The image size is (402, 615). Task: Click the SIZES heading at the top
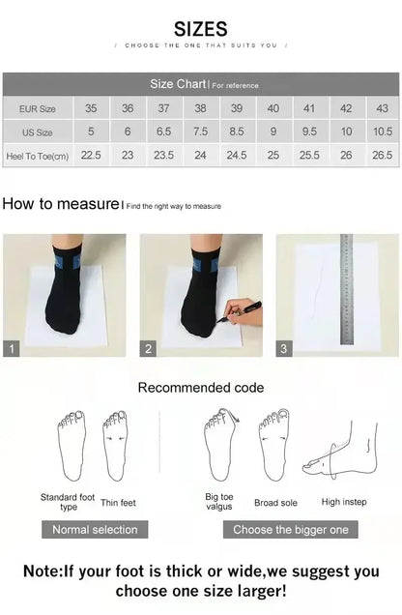coord(201,29)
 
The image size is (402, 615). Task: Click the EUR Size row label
coord(37,109)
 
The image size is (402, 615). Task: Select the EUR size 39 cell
coord(237,109)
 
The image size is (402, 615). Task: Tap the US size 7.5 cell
coord(200,132)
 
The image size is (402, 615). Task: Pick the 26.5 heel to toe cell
coord(383,155)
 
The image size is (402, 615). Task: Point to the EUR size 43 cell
coord(383,109)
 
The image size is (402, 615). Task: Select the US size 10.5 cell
coord(383,132)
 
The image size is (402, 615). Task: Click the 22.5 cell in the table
coord(91,155)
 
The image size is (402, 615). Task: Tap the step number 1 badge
coord(12,349)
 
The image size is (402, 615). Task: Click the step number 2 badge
coord(149,349)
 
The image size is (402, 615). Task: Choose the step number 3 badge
coord(284,349)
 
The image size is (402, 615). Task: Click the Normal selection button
coord(95,529)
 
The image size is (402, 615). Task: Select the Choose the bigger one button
coord(291,529)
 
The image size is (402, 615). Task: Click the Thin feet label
coord(119,503)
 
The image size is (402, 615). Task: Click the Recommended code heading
coord(200,388)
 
